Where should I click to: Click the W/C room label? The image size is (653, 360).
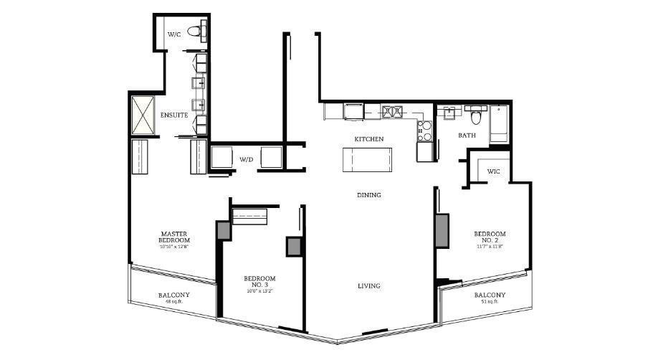click(x=174, y=34)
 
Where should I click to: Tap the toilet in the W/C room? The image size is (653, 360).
click(x=194, y=31)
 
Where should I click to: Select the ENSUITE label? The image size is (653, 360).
click(x=174, y=115)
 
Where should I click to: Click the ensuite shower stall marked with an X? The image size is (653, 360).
click(x=143, y=115)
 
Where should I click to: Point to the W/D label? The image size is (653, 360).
click(x=247, y=159)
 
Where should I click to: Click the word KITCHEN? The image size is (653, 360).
click(x=369, y=138)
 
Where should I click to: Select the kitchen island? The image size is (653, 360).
click(x=368, y=158)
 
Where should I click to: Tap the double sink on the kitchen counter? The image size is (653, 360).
click(x=393, y=112)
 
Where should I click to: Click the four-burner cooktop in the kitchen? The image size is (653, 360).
click(x=425, y=131)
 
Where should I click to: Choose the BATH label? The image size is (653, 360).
click(x=467, y=135)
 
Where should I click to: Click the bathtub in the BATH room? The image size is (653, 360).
click(x=500, y=123)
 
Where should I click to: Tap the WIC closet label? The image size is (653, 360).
click(x=493, y=171)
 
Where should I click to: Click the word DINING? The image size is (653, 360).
click(x=369, y=195)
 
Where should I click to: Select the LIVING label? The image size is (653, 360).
click(x=369, y=286)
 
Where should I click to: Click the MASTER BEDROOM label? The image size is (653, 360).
click(x=175, y=237)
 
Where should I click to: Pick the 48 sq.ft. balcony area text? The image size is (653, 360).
click(x=174, y=302)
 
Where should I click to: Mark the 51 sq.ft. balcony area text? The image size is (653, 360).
click(x=490, y=302)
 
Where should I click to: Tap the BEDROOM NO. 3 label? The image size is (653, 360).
click(x=259, y=281)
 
